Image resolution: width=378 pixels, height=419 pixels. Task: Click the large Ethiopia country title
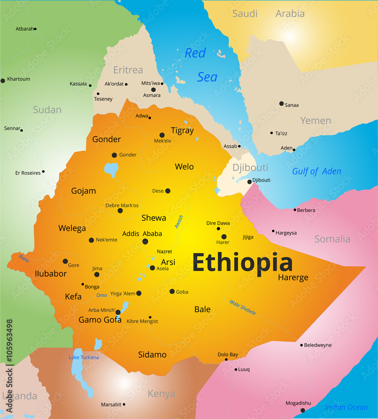[x=242, y=263]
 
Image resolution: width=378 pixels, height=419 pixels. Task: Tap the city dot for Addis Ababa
[x=145, y=241]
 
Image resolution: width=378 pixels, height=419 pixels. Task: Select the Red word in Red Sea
[x=195, y=53]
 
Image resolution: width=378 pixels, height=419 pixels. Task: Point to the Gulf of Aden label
[x=316, y=171]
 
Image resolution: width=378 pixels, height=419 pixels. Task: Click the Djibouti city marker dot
[x=249, y=182]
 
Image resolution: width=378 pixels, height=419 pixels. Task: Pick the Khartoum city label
[x=18, y=79]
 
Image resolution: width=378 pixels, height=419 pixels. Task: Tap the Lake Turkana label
[x=84, y=357]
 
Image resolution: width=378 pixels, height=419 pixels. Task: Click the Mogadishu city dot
[x=303, y=410]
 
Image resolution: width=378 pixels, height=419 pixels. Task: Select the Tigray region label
[x=182, y=130]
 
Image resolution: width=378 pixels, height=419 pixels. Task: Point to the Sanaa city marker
[x=282, y=103]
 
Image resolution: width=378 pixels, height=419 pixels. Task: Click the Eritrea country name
[x=128, y=70]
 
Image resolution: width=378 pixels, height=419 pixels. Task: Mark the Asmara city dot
[x=153, y=90]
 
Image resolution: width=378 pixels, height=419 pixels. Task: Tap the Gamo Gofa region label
[x=100, y=320]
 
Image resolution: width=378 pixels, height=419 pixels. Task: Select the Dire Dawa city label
[x=218, y=223]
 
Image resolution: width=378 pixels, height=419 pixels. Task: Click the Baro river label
[x=24, y=258]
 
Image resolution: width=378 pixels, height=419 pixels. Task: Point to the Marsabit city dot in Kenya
[x=124, y=404]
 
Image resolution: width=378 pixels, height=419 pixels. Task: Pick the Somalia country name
[x=332, y=239]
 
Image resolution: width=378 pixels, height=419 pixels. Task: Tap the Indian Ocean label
[x=346, y=407]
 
